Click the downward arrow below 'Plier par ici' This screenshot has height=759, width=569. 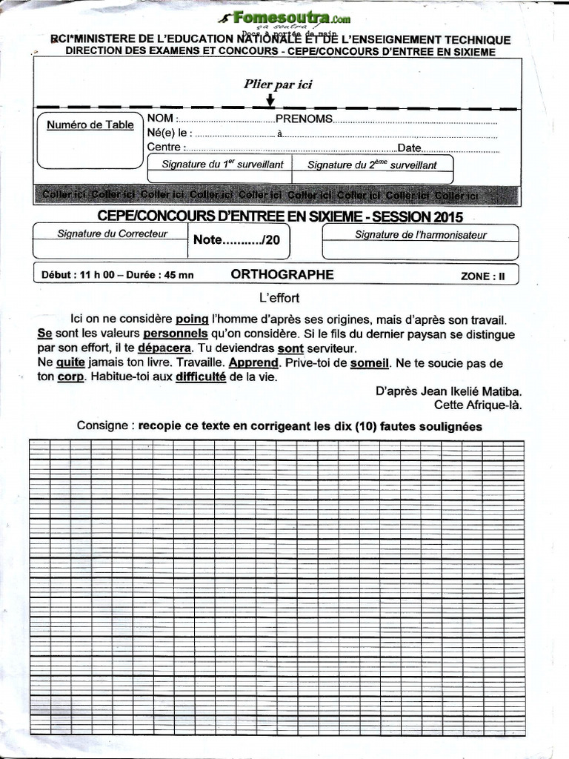[270, 99]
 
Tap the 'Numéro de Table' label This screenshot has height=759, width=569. [90, 125]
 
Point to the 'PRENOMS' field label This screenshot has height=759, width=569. [304, 119]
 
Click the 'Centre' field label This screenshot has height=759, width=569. [164, 148]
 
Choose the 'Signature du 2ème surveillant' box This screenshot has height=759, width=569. [372, 165]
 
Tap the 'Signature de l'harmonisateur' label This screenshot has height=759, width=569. [421, 235]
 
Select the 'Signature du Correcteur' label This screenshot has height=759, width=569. [113, 233]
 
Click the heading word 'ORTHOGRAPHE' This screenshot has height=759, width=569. [282, 274]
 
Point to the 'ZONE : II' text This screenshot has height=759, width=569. [482, 276]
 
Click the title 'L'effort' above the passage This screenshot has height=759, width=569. [279, 298]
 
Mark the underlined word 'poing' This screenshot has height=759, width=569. [192, 319]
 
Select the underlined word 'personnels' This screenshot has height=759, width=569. [176, 334]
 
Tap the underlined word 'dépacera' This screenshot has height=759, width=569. [164, 348]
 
